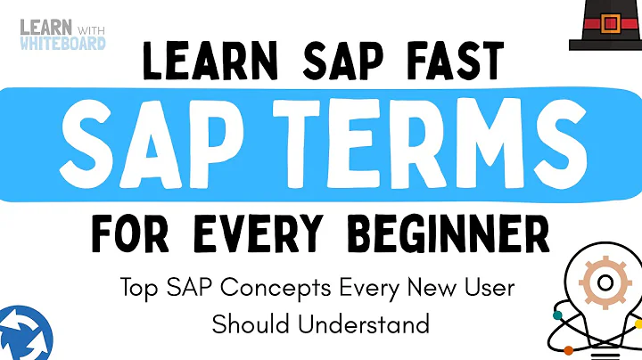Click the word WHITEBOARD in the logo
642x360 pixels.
62,42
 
